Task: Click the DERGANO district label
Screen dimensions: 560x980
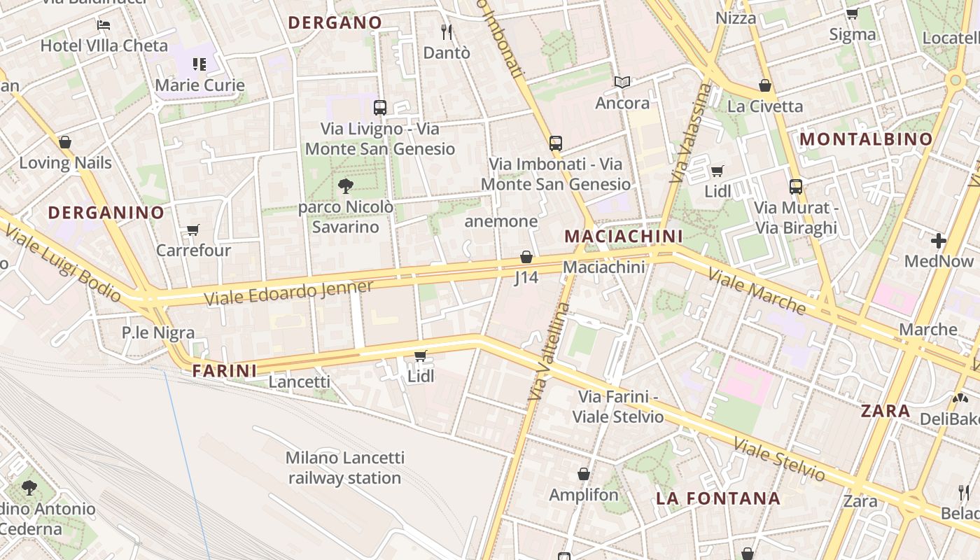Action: click(335, 22)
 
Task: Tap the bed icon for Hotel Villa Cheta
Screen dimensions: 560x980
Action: click(104, 25)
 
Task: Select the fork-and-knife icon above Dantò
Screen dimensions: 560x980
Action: click(447, 31)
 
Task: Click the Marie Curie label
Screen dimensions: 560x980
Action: click(199, 85)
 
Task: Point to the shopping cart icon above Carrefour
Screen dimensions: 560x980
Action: click(193, 230)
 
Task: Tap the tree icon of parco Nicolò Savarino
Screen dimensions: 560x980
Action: click(345, 185)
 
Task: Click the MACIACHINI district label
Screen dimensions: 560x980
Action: click(623, 236)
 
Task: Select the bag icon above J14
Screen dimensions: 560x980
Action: click(526, 257)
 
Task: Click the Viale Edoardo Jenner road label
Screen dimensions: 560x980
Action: click(289, 292)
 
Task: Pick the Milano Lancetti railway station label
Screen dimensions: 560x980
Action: click(345, 468)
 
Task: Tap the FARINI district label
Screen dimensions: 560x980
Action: click(225, 371)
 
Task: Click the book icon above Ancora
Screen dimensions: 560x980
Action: click(622, 83)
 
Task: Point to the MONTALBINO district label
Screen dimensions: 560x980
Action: click(867, 139)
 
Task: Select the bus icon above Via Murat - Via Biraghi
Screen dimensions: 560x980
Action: click(796, 187)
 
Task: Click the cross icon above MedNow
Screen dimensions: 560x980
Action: click(939, 241)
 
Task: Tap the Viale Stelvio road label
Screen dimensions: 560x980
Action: click(779, 459)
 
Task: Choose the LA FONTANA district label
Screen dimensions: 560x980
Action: click(717, 498)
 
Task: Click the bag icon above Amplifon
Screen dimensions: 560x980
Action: click(584, 475)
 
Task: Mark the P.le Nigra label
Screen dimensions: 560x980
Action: click(158, 332)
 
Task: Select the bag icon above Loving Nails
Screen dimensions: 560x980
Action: click(65, 143)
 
